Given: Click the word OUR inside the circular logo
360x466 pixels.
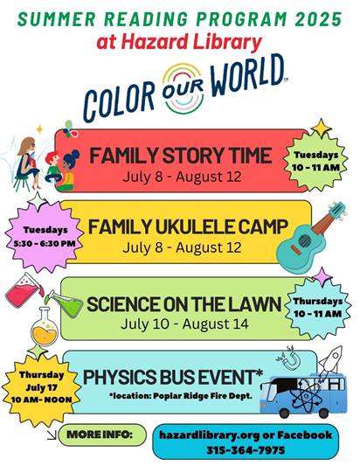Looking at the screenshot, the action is (x=183, y=88).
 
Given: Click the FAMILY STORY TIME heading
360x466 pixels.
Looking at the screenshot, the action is (x=181, y=156).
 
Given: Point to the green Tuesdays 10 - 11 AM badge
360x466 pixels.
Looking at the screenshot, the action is (x=315, y=161).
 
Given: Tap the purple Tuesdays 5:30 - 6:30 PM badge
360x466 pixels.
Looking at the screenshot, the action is (x=45, y=237).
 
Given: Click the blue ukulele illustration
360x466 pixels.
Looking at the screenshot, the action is (x=310, y=237).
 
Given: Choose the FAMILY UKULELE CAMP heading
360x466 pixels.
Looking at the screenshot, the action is (x=188, y=227).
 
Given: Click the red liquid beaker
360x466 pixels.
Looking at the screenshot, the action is (x=24, y=291).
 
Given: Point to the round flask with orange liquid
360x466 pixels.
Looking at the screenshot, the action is (x=45, y=328).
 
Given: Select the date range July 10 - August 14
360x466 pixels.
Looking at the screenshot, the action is (x=184, y=324).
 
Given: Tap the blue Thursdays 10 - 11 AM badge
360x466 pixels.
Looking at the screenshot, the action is (x=317, y=307).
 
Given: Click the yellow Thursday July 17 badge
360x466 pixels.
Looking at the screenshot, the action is (x=41, y=387).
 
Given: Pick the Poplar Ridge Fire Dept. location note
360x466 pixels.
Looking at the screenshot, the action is (x=181, y=396).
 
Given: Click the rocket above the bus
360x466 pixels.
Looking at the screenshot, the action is (x=331, y=358).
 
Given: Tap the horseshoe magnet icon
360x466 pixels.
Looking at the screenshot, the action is (x=287, y=358).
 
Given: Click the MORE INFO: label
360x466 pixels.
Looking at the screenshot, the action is (x=100, y=435).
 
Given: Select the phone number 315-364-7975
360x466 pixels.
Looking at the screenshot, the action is (x=246, y=450).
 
